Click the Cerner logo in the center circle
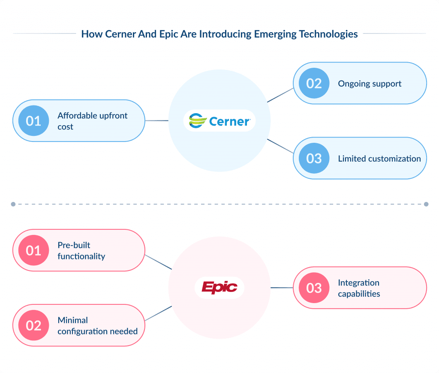pos(219,121)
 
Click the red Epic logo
pos(219,287)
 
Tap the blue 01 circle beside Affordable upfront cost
pos(33,121)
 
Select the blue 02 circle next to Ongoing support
pos(314,83)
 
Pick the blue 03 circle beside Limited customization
pos(314,158)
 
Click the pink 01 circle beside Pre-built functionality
pos(33,250)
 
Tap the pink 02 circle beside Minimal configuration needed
pos(33,325)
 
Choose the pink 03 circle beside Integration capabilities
pos(314,288)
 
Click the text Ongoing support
pos(370,84)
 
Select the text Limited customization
pos(379,159)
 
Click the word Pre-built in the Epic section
pos(74,245)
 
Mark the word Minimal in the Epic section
pos(72,320)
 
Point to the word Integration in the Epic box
pos(358,283)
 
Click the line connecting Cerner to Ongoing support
pos(280,95)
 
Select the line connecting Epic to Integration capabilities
pos(282,288)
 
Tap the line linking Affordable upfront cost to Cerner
pos(157,121)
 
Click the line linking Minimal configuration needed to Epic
pos(159,313)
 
